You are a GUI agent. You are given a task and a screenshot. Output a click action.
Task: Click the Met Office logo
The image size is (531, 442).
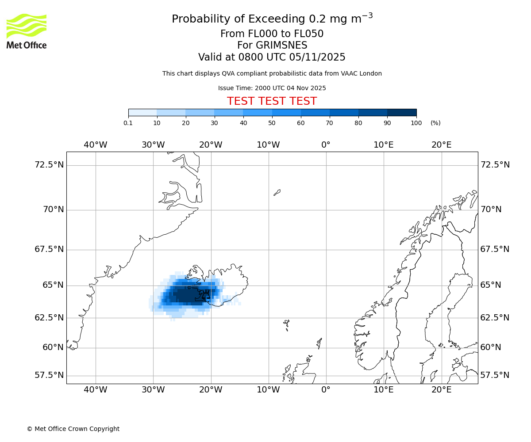pyautogui.click(x=27, y=31)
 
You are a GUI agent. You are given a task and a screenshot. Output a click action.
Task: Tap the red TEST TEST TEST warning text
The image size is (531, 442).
pyautogui.click(x=272, y=101)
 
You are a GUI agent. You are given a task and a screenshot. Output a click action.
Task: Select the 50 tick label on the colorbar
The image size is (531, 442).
pyautogui.click(x=272, y=123)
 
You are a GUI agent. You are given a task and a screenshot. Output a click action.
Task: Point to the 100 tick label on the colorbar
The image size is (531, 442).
pyautogui.click(x=416, y=123)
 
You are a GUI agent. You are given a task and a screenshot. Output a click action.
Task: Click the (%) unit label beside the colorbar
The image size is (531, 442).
pyautogui.click(x=435, y=123)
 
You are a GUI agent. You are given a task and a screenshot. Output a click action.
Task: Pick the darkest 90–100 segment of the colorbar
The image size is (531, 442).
pyautogui.click(x=402, y=113)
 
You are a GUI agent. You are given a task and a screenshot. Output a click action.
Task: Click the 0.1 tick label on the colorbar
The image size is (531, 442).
pyautogui.click(x=128, y=123)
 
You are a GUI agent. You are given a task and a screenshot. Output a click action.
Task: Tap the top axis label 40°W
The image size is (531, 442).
pyautogui.click(x=96, y=145)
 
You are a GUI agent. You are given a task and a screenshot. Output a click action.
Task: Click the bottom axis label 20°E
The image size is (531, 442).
pyautogui.click(x=441, y=389)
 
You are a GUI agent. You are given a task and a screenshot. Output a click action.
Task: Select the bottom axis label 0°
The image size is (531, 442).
pyautogui.click(x=326, y=389)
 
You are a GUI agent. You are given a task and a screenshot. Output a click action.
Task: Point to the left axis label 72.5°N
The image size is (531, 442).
pyautogui.click(x=49, y=165)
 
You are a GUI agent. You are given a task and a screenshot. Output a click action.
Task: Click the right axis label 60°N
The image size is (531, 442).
pyautogui.click(x=491, y=347)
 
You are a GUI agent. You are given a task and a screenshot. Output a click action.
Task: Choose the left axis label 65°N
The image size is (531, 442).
pyautogui.click(x=53, y=285)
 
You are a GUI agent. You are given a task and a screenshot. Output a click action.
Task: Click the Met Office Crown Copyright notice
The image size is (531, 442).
pyautogui.click(x=73, y=429)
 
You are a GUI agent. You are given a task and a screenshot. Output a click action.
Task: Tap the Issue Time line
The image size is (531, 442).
pyautogui.click(x=272, y=88)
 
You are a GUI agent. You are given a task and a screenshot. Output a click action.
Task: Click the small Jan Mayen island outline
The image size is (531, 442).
pyautogui.click(x=277, y=192)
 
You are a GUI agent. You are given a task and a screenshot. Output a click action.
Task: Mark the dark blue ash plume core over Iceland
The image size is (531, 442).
pyautogui.click(x=186, y=294)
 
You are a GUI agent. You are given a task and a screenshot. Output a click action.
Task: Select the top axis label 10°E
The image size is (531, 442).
pyautogui.click(x=384, y=145)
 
